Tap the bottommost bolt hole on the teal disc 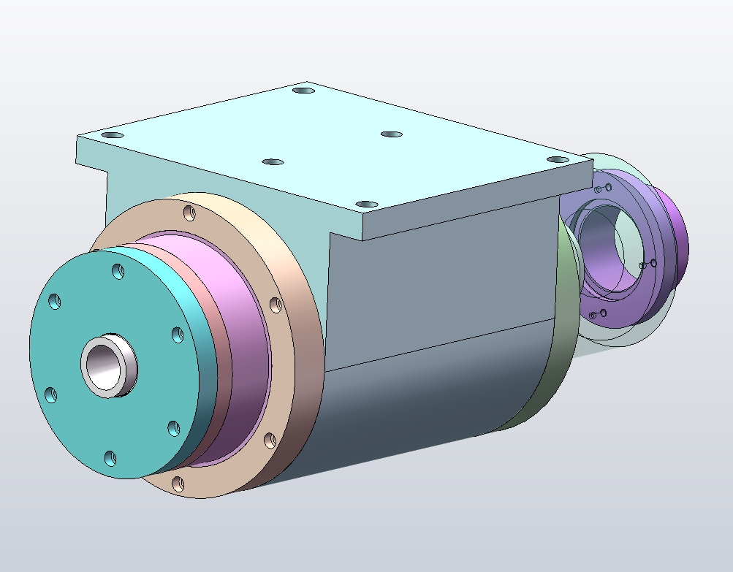(x=110, y=458)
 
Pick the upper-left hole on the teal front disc (x=55, y=302)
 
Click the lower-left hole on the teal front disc (x=50, y=395)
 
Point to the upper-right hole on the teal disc (x=177, y=334)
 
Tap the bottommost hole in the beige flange (x=178, y=483)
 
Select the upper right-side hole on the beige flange (x=276, y=304)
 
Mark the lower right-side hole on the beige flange (x=268, y=440)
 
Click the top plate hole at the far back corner (x=303, y=91)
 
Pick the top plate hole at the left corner (x=112, y=136)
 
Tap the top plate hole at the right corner (x=558, y=159)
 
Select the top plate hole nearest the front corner (x=367, y=204)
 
